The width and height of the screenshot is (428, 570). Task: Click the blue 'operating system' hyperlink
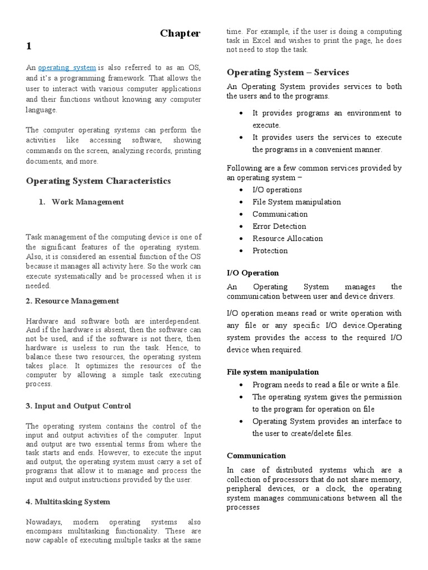click(67, 67)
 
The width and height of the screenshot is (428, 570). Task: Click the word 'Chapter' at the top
click(180, 33)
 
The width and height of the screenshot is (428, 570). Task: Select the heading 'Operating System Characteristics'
click(99, 181)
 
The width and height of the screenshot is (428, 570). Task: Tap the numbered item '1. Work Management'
click(81, 202)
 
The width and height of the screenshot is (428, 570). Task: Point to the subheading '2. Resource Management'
click(72, 301)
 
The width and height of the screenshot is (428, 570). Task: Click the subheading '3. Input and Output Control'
click(79, 406)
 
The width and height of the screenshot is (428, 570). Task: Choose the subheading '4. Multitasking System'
click(68, 502)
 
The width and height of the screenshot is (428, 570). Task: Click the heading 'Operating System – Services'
click(288, 72)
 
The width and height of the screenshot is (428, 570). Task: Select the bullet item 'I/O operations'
click(277, 190)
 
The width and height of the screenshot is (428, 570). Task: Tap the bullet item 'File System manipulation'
click(296, 202)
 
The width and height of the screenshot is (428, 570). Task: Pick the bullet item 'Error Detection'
click(279, 227)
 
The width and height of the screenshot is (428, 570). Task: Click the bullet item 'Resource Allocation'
click(287, 239)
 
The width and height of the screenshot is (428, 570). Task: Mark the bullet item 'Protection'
click(270, 251)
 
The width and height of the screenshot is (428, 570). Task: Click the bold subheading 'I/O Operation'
click(252, 273)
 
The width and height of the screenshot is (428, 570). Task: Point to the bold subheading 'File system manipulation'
click(273, 372)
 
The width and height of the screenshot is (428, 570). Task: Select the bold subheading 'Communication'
click(256, 455)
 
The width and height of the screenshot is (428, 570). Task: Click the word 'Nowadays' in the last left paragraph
click(44, 522)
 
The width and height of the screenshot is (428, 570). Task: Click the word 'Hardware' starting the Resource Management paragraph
click(43, 321)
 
